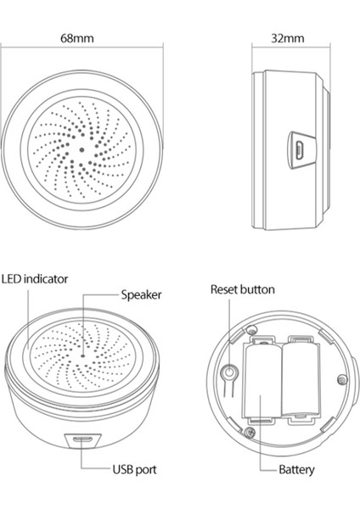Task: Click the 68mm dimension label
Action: pos(77,39)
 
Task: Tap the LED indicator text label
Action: pos(35,277)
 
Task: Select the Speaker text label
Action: pos(141,295)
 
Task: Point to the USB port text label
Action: pos(134,469)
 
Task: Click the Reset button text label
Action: pos(243,289)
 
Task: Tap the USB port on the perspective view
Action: pos(82,439)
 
